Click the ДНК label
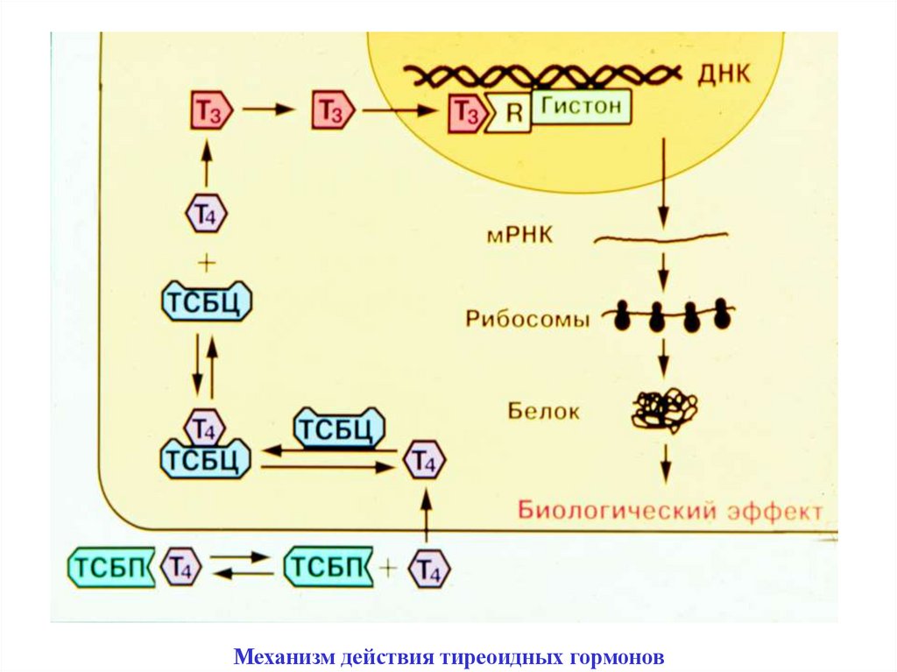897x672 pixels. point(724,74)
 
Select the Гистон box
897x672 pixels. point(580,108)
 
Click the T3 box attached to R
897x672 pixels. point(465,113)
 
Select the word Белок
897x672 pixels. point(543,410)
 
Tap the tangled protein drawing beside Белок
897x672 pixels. point(665,410)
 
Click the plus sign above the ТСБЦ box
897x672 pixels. point(207,262)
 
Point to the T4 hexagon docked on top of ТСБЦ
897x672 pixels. point(204,428)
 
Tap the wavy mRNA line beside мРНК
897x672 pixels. point(661,237)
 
